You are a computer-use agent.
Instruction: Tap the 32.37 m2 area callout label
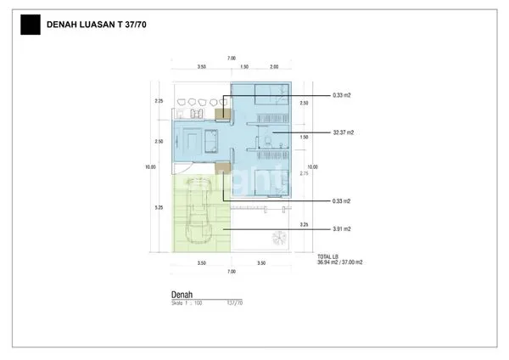click(x=344, y=133)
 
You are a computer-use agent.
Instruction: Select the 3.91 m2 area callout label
click(x=342, y=229)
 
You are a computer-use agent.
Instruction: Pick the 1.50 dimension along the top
click(x=243, y=66)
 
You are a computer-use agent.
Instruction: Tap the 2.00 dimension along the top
click(x=274, y=66)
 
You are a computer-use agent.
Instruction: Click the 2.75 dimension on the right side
click(x=305, y=173)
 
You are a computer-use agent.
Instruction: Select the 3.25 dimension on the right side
click(x=305, y=224)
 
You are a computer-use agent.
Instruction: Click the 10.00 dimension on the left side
click(x=151, y=167)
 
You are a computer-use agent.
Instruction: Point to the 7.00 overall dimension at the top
click(x=231, y=58)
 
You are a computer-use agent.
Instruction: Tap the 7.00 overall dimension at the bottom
click(x=231, y=272)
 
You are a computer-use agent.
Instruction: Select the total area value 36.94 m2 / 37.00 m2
click(x=339, y=262)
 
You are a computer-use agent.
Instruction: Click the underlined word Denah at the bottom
click(x=183, y=294)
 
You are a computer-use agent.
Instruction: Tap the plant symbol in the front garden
click(x=277, y=237)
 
